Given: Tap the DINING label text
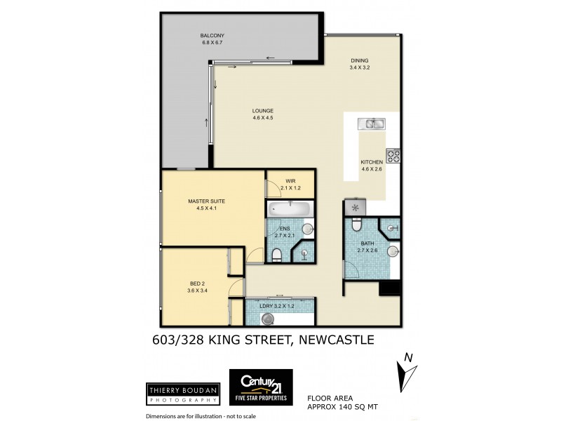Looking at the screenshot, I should point(359,64).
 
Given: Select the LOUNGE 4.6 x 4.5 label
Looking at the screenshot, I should point(263,114).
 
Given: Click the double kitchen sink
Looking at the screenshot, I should point(371,125).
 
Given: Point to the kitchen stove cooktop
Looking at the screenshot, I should point(393,156).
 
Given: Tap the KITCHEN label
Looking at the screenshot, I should point(372,166).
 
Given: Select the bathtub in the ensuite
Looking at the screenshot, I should point(290,208).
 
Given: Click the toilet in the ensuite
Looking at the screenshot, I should point(277,253).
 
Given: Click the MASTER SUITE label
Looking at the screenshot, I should point(205,204).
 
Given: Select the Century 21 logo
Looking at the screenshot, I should point(261,387).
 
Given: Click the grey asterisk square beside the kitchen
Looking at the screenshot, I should point(355,208).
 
